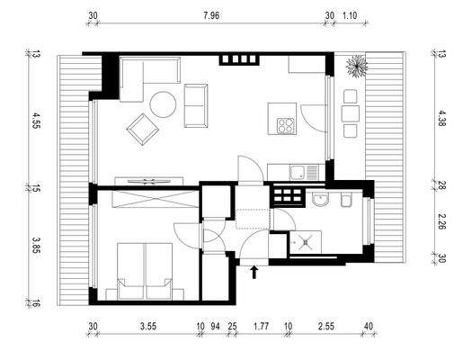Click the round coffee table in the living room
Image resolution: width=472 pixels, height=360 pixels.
pyautogui.click(x=164, y=105)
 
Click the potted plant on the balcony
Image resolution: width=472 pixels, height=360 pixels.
pyautogui.click(x=356, y=66)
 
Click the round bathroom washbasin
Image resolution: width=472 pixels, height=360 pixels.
pyautogui.click(x=320, y=200)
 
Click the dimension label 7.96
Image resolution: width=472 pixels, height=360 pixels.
pyautogui.click(x=211, y=16)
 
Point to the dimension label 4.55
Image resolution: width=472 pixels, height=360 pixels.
pyautogui.click(x=36, y=121)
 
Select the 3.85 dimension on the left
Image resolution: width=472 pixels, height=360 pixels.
pyautogui.click(x=36, y=245)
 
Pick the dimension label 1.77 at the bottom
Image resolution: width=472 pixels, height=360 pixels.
pyautogui.click(x=263, y=328)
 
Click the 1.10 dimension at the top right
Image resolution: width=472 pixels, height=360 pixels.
pyautogui.click(x=351, y=16)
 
